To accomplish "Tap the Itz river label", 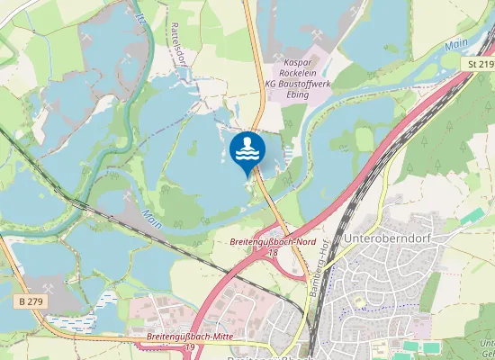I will [140, 19].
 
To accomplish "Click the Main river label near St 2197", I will [456, 43].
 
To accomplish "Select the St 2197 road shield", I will [481, 65].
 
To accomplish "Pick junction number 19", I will [190, 347].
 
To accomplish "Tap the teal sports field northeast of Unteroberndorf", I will [472, 217].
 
